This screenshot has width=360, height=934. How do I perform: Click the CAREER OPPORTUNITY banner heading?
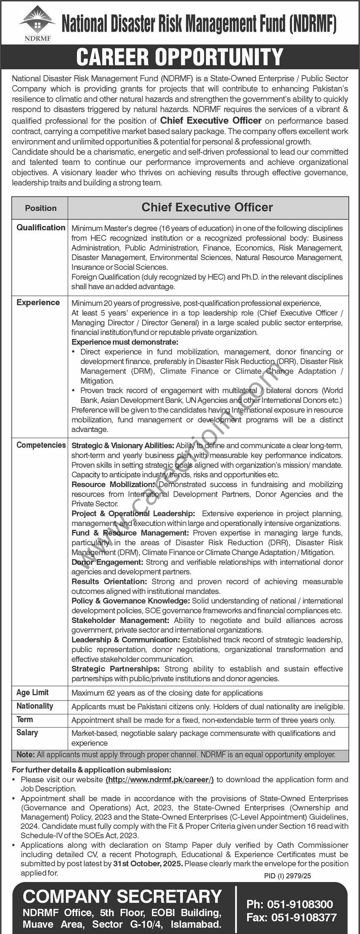coord(180,57)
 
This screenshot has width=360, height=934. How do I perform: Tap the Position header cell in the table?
coord(41,208)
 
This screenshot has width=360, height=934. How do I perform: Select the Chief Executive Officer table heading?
coord(207,207)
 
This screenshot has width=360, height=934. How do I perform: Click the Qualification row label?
coord(41,228)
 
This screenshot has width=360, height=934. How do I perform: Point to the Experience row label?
coord(38,303)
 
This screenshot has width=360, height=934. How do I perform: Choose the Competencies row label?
coord(41,445)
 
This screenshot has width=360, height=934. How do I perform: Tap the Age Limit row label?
coord(32,693)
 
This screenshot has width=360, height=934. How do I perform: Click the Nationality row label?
coord(35,706)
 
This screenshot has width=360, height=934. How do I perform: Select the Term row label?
coord(25,720)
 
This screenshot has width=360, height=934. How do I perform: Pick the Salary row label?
coord(27,733)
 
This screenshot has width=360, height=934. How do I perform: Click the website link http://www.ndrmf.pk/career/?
coord(159,780)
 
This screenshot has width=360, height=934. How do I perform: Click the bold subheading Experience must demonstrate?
coord(125,342)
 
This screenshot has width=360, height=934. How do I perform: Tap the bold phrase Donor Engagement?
coord(107,562)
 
